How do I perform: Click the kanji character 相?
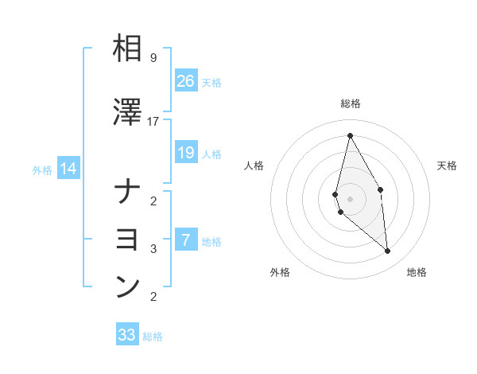click(127, 49)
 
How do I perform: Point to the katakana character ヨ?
click(127, 240)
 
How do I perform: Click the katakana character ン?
click(127, 287)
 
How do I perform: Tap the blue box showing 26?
click(186, 80)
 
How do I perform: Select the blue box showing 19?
click(186, 153)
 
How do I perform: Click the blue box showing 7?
click(186, 240)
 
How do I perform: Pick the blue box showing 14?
click(68, 169)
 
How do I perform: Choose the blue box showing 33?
click(127, 335)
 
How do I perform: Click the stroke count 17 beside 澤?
click(153, 122)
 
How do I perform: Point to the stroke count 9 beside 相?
click(153, 58)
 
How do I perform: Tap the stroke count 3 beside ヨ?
click(153, 249)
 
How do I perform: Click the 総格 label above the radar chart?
click(351, 103)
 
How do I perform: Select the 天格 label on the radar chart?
click(448, 166)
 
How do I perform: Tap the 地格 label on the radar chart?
click(417, 272)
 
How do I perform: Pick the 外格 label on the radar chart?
click(280, 272)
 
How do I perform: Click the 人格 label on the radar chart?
click(254, 166)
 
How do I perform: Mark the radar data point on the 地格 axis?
click(387, 251)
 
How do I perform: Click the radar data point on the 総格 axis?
click(350, 134)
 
